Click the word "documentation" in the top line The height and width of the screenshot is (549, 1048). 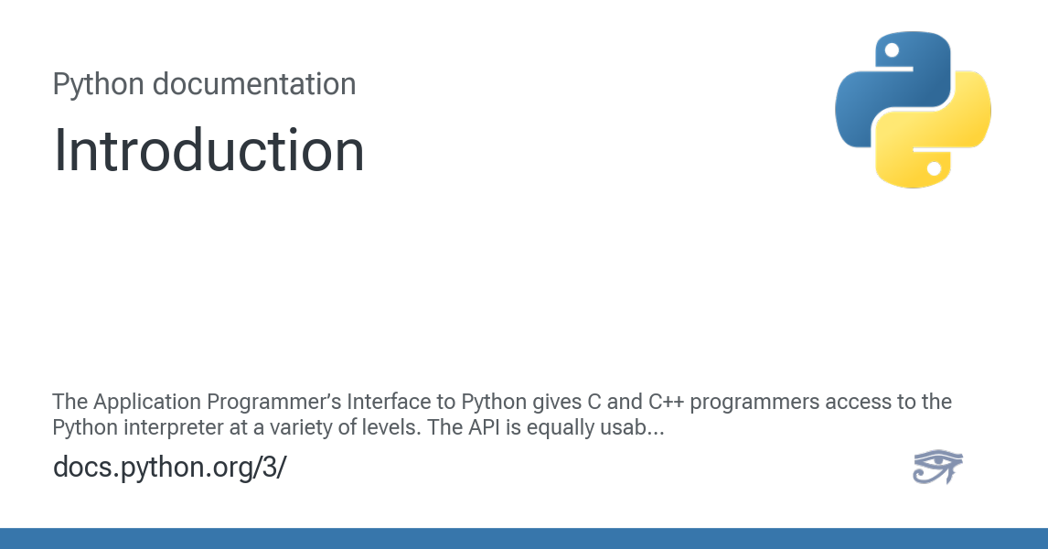(x=253, y=84)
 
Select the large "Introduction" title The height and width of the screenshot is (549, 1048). (x=209, y=150)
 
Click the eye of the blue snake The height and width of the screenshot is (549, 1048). (x=892, y=51)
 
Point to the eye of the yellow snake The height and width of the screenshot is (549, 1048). (x=934, y=168)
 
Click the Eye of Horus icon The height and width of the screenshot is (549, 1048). (x=937, y=468)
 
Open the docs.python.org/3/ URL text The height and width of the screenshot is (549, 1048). (x=169, y=467)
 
